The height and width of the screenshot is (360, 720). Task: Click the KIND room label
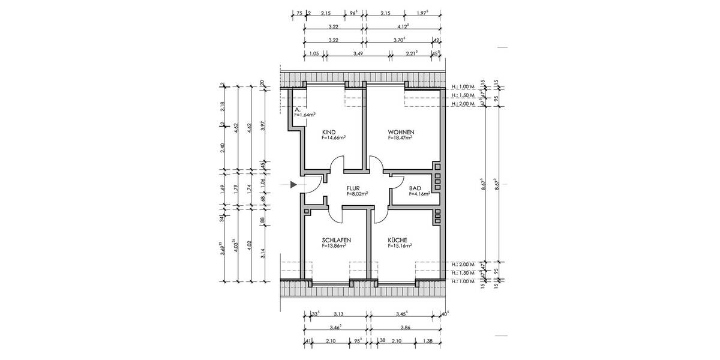pos(329,132)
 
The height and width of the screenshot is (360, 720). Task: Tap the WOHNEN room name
pos(401,132)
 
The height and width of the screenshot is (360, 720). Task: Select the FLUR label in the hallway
pos(353,188)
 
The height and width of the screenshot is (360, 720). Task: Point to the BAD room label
pos(414,188)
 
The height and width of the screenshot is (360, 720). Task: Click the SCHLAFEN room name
pos(336,239)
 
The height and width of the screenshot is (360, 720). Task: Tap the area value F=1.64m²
pos(305,115)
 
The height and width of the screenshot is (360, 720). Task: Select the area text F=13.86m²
pos(337,245)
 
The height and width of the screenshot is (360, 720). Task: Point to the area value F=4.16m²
pos(419,194)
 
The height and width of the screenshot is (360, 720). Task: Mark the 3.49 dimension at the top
pos(358,54)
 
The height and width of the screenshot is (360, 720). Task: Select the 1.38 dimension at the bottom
pos(428,341)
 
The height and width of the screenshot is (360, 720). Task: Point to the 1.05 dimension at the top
pos(313,54)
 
